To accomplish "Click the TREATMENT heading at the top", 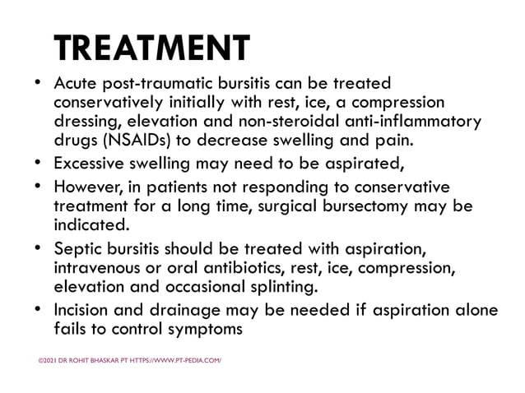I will pyautogui.click(x=151, y=49).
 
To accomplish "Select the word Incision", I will pyautogui.click(x=84, y=312).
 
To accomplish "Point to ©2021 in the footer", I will pyautogui.click(x=49, y=359).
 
